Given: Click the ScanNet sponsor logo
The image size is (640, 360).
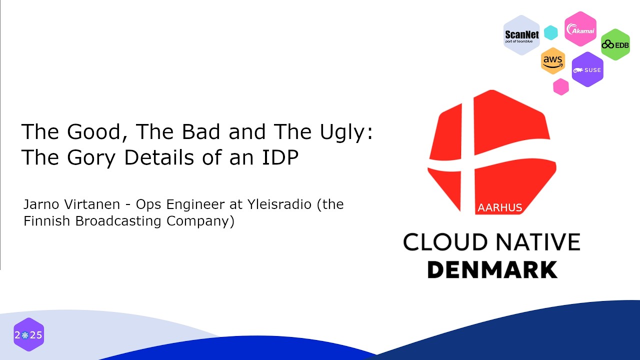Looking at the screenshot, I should [x=521, y=35].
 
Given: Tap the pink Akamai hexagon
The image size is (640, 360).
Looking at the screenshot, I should [x=580, y=29].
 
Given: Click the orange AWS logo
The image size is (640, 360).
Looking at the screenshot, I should [x=553, y=61].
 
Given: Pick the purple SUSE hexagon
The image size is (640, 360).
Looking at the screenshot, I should [x=587, y=69].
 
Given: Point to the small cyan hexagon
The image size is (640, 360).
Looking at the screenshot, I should [x=550, y=32].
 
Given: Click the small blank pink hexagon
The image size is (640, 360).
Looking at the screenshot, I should [x=561, y=86].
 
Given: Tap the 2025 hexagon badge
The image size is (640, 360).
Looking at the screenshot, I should [x=28, y=334].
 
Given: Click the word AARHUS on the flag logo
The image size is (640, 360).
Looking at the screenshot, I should [x=499, y=207].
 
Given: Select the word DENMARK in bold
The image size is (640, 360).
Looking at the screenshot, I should [x=492, y=269].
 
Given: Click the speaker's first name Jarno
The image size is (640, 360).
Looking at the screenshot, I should [x=39, y=204].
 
